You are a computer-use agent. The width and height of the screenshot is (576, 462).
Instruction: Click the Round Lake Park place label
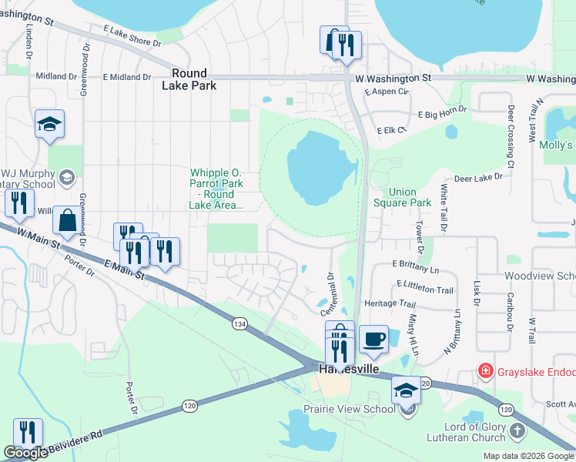click(x=189, y=79)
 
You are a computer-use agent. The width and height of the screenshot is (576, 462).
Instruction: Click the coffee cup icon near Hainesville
click(x=373, y=340)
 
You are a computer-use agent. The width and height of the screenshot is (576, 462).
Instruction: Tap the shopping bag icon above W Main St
click(x=68, y=220)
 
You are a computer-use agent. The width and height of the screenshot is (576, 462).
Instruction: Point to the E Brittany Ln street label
click(x=414, y=264)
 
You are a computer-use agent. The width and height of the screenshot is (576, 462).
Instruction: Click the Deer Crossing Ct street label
click(x=510, y=136)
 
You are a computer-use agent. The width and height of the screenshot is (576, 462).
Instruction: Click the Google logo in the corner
click(x=25, y=453)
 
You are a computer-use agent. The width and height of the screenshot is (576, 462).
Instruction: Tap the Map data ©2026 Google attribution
click(x=527, y=456)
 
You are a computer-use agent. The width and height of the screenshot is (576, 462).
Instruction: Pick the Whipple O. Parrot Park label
click(x=217, y=189)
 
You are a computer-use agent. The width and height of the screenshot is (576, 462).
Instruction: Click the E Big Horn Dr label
click(x=443, y=113)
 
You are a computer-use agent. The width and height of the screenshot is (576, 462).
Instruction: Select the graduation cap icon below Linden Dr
click(x=49, y=124)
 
